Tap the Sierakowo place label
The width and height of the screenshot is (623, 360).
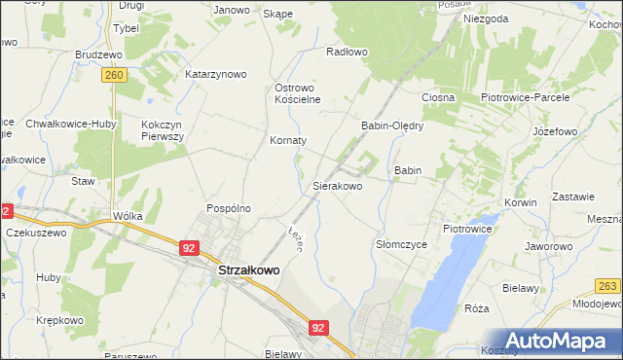[337, 184]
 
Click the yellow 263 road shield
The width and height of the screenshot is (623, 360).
[608, 285]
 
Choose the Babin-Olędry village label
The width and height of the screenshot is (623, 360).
[391, 126]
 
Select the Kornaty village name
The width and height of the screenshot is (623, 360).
[288, 140]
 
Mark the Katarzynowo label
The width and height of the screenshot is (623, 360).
[216, 74]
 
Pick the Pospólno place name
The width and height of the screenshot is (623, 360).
[229, 208]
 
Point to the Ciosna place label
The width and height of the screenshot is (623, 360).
[438, 97]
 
